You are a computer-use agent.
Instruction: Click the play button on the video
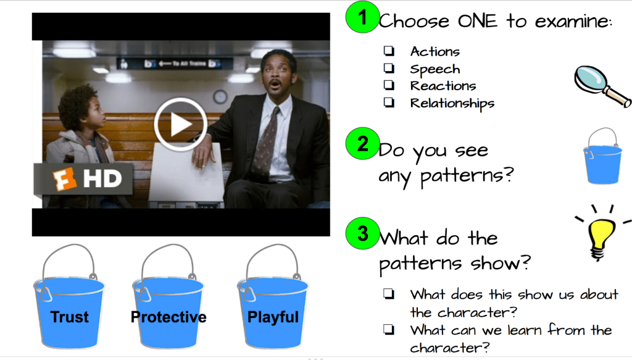(x=180, y=125)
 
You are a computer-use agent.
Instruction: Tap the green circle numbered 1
(x=362, y=17)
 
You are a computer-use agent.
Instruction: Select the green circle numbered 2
(x=362, y=143)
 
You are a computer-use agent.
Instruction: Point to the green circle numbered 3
(x=362, y=233)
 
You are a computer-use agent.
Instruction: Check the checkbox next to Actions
(x=389, y=51)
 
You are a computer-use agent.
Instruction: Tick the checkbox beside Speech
(x=389, y=68)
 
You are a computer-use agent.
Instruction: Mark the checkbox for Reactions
(x=389, y=85)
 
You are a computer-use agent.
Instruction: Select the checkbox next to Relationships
(x=389, y=103)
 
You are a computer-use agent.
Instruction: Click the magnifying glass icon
(x=601, y=86)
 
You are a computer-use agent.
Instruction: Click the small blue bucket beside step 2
(x=602, y=157)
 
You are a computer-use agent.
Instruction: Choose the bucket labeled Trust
(x=69, y=297)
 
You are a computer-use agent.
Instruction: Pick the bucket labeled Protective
(x=168, y=297)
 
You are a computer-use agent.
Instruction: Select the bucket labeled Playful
(x=272, y=297)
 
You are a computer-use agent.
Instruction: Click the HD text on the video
(x=102, y=178)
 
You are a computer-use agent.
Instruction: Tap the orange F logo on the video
(x=64, y=178)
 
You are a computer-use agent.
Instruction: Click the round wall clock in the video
(x=220, y=97)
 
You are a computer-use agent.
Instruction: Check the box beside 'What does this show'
(x=389, y=293)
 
